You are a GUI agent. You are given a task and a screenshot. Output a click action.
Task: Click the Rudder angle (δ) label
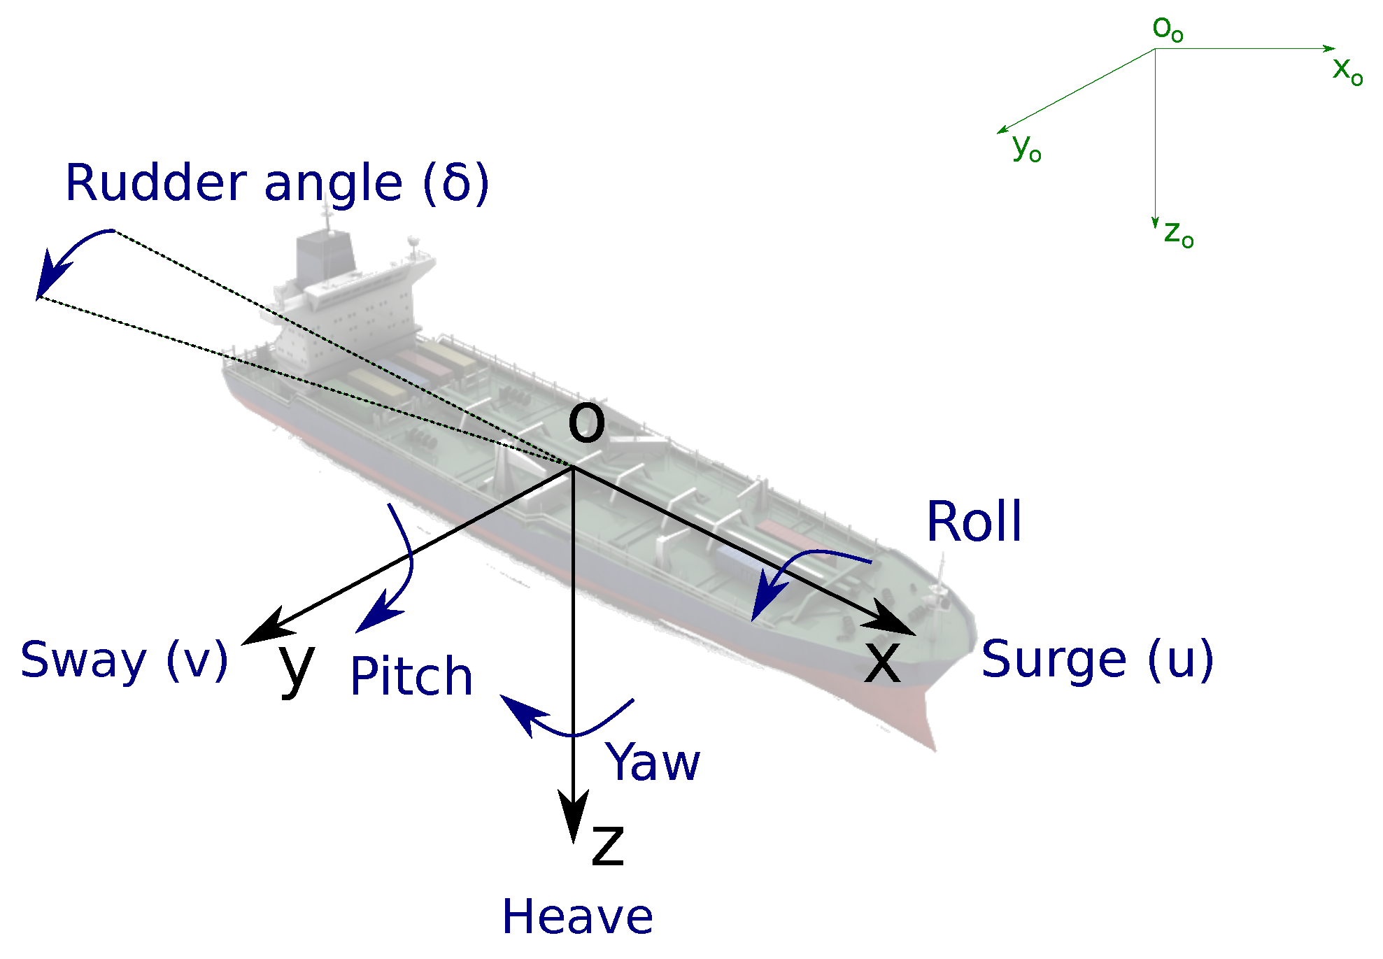[x=276, y=183]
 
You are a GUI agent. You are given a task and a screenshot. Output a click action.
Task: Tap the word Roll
[x=973, y=522]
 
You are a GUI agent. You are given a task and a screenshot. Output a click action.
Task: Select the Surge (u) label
[x=1096, y=659]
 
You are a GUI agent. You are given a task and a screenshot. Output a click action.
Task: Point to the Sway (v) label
[x=124, y=660]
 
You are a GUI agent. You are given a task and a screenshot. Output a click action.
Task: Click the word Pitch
[x=411, y=676]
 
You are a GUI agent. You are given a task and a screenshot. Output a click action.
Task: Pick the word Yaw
[x=653, y=762]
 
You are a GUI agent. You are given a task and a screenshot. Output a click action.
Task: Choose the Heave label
[x=577, y=917]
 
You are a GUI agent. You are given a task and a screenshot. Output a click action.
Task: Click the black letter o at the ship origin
[x=586, y=423]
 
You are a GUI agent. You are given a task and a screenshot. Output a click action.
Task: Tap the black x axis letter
[x=881, y=662]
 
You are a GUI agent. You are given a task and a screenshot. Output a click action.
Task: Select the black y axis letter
[x=296, y=668]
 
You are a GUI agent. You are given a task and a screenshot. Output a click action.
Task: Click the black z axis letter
[x=607, y=846]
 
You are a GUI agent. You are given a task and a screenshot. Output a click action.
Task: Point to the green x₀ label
[x=1347, y=70]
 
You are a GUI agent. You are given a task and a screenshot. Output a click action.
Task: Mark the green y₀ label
[x=1026, y=148]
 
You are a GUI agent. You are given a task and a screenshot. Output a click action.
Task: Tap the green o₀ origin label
[x=1167, y=29]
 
